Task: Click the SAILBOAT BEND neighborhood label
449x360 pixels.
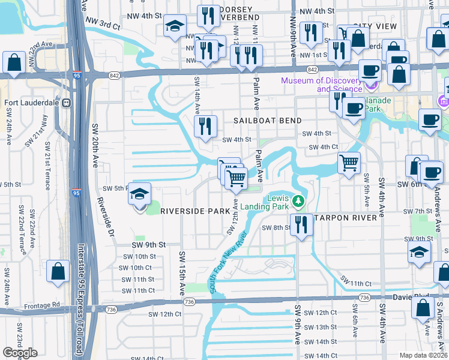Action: pos(267,121)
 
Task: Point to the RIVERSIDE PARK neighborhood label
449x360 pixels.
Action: pos(194,211)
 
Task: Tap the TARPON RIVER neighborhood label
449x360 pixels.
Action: pos(345,217)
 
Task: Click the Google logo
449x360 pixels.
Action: pos(20,353)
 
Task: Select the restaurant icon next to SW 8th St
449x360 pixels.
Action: pos(300,224)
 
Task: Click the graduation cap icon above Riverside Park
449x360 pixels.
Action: pos(139,194)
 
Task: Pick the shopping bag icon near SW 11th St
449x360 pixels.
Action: pos(59,271)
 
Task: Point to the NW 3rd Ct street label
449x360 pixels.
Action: pos(103,24)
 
